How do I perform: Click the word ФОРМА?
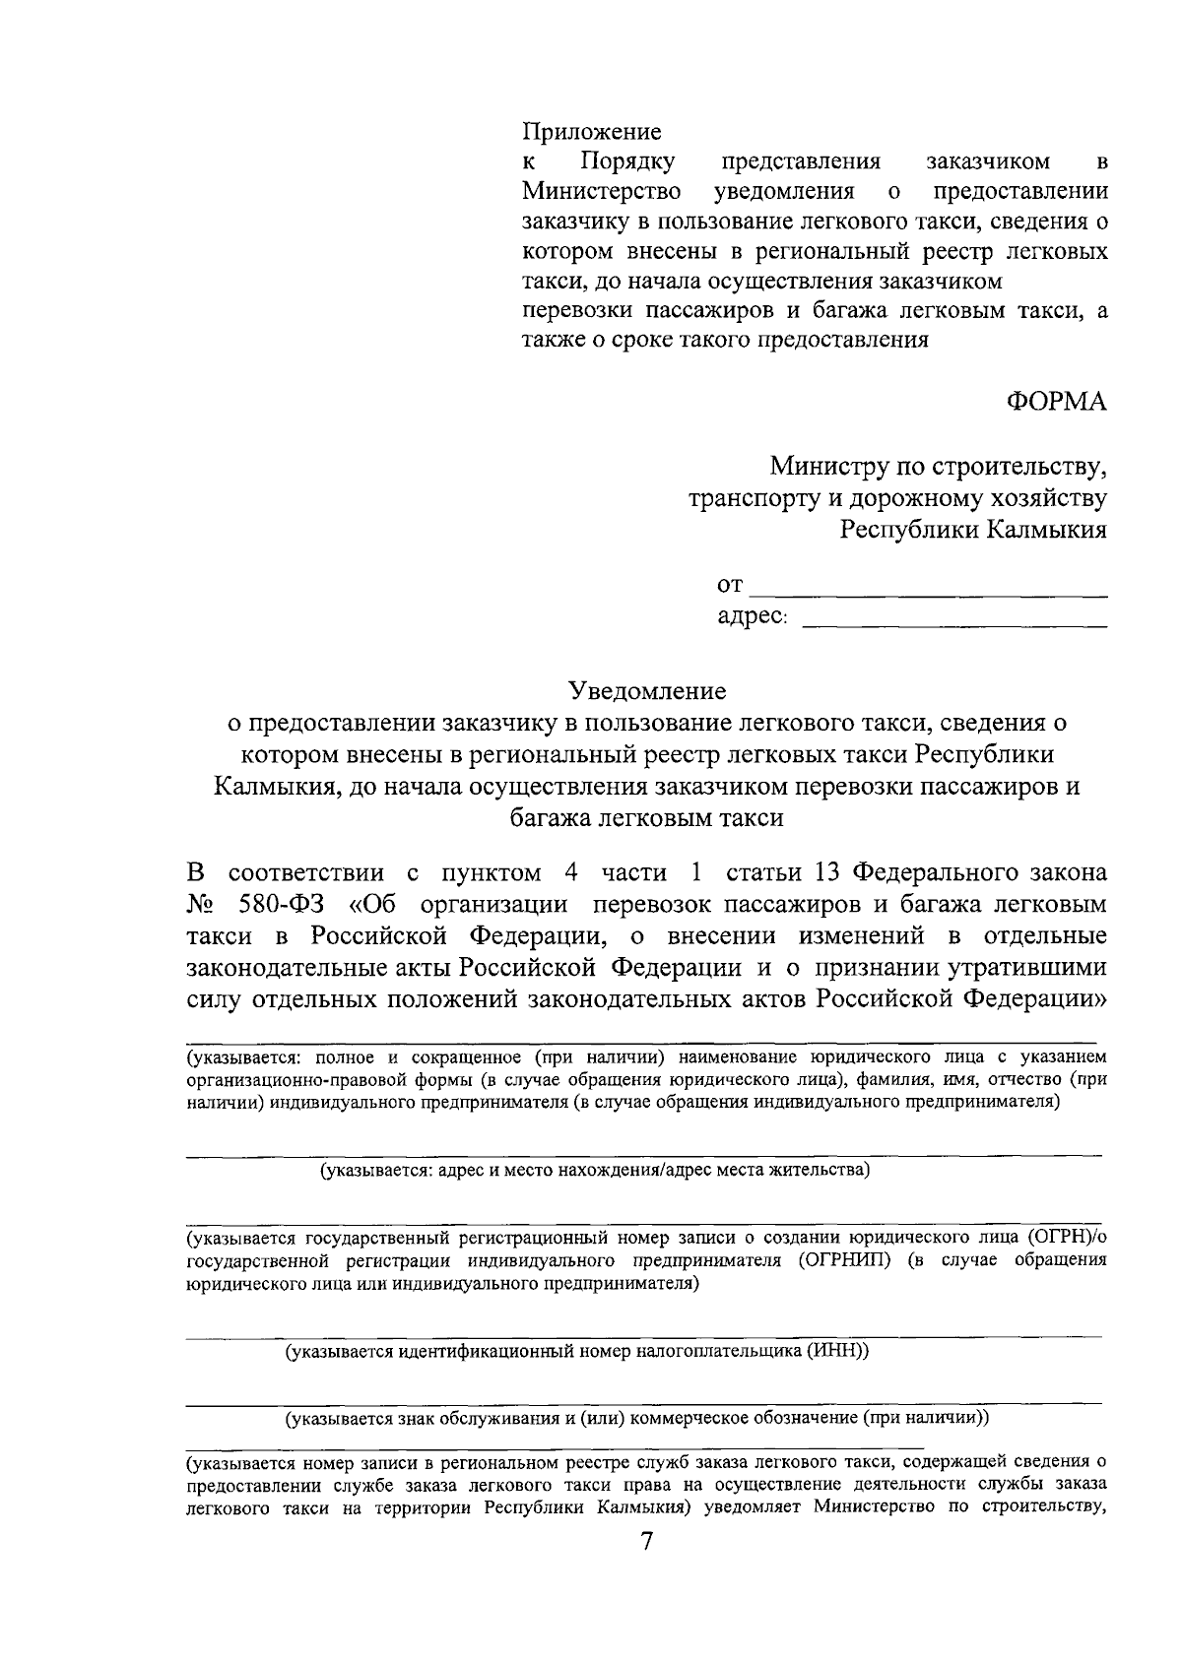tap(1056, 403)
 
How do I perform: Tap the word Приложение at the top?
tap(591, 131)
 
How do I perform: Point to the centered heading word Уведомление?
tap(646, 691)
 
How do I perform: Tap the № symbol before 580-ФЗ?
tap(200, 904)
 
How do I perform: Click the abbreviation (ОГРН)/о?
tap(1066, 1238)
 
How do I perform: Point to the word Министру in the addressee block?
tap(825, 464)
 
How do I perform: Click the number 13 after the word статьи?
tap(825, 873)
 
